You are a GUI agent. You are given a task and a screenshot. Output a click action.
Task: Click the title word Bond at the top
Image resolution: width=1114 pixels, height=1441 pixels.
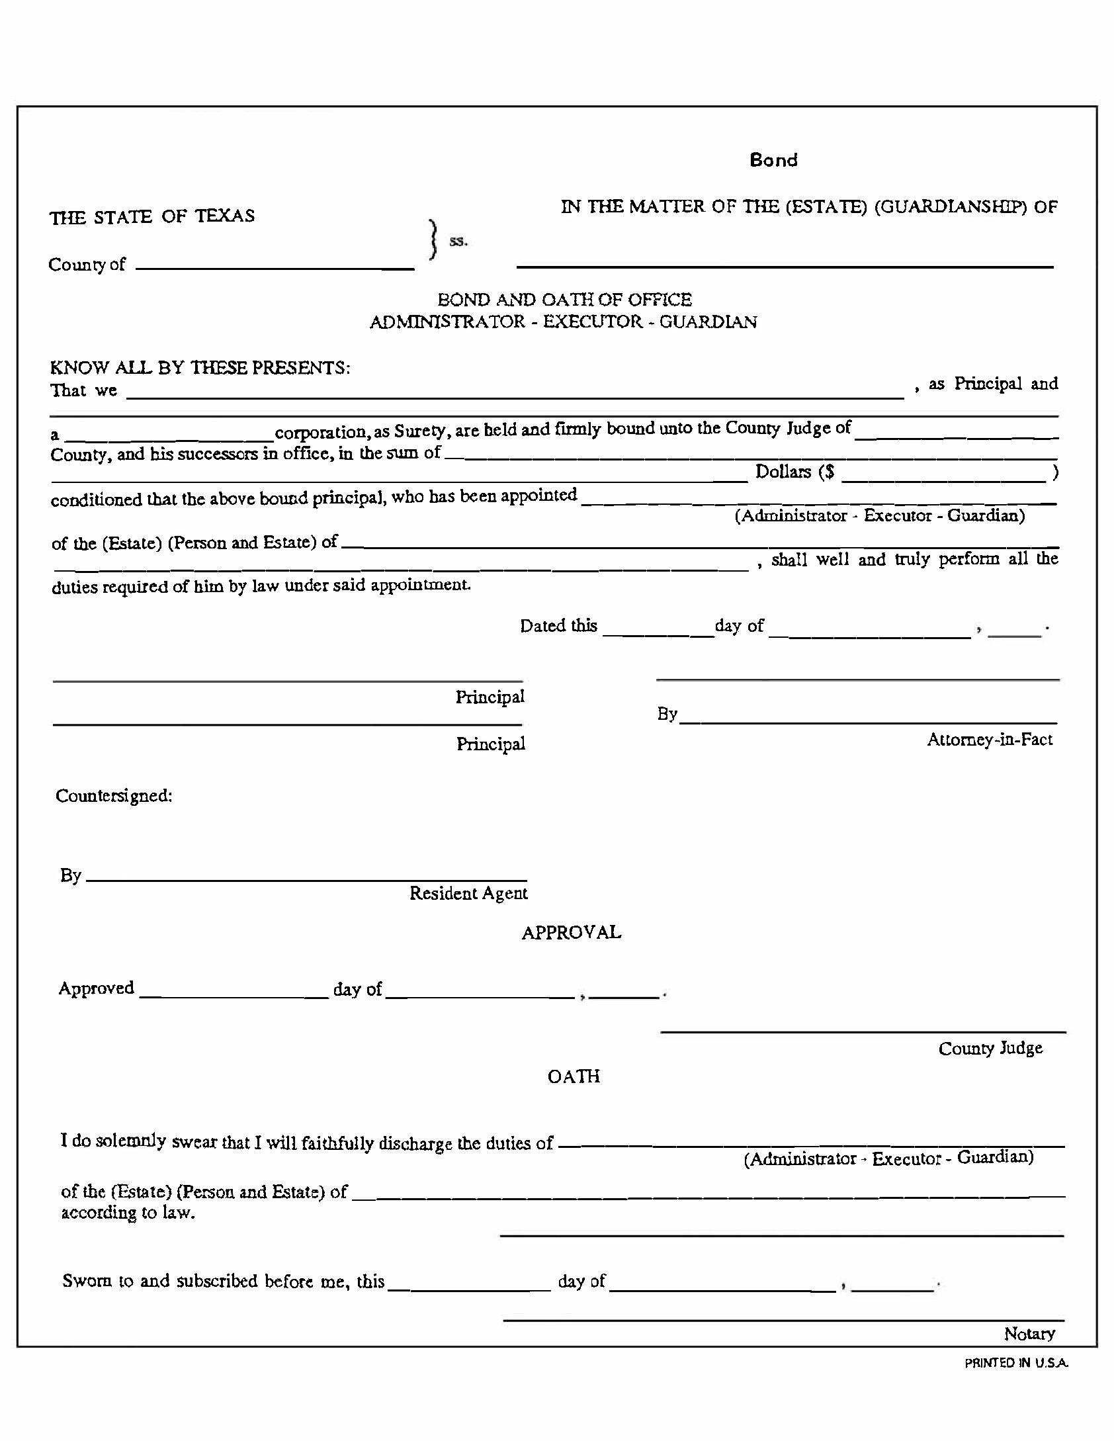[773, 160]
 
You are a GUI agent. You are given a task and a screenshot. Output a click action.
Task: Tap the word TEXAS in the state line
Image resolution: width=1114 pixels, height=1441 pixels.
[225, 216]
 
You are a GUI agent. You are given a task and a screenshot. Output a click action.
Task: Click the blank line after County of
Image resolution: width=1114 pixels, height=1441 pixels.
[275, 266]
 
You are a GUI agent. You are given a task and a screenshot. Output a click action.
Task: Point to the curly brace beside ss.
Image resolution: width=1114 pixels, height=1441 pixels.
[433, 240]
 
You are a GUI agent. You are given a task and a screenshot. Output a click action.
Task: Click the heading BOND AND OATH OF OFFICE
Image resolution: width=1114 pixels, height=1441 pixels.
[564, 300]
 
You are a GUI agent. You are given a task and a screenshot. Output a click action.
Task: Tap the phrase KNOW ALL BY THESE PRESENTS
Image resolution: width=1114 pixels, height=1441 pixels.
[200, 368]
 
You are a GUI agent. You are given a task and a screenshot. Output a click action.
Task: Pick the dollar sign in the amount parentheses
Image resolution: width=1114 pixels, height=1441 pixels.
[830, 472]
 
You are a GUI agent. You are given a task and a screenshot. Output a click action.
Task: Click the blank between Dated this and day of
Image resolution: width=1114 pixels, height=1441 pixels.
[658, 633]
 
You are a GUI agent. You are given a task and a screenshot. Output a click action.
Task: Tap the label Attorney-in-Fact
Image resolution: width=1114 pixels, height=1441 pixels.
[989, 740]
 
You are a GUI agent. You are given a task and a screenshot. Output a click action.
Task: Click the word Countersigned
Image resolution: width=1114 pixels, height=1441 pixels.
[113, 795]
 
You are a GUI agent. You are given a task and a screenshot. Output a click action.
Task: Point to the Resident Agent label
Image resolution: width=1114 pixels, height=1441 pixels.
[468, 893]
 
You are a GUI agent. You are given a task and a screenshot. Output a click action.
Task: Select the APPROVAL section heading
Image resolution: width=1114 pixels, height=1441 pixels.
[572, 933]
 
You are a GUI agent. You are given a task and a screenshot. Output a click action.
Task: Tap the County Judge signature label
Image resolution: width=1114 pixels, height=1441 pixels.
[990, 1048]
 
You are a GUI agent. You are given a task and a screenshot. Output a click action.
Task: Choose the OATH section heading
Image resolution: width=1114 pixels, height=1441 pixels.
[574, 1076]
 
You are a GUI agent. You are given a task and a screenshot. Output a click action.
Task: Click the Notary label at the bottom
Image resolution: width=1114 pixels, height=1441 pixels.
[1029, 1334]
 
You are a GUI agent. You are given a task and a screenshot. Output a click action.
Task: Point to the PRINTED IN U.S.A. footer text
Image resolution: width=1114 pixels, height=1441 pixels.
[1016, 1363]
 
